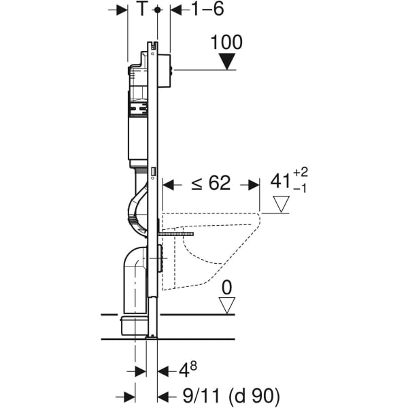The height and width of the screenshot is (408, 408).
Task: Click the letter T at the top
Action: click(x=141, y=9)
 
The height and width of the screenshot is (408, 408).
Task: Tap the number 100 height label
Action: click(x=227, y=42)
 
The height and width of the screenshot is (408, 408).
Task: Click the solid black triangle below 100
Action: click(x=227, y=63)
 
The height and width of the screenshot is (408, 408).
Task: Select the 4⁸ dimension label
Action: click(x=187, y=371)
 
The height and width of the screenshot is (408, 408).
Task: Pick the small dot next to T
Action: click(x=157, y=10)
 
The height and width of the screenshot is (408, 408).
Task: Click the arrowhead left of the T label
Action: click(x=122, y=10)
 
